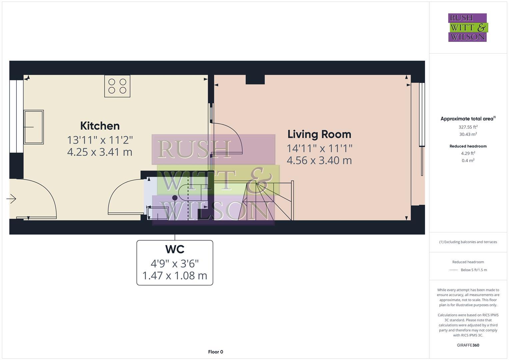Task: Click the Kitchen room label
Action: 100,126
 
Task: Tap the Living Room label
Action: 319,134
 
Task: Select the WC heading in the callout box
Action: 175,249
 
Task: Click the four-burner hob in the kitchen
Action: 117,86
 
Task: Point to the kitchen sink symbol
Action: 34,127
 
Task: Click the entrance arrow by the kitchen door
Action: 11,199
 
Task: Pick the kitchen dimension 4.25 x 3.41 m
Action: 100,152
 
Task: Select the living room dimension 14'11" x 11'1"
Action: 319,148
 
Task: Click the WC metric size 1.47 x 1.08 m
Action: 175,276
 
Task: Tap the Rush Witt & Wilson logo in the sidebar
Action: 468,27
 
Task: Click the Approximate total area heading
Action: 467,119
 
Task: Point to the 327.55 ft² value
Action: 468,127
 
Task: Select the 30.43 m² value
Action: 468,134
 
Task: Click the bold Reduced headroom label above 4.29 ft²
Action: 468,146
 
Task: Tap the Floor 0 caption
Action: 215,352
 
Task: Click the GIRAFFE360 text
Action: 468,345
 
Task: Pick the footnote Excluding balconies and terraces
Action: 468,242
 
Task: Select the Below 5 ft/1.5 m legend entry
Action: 473,270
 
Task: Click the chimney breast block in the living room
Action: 255,79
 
